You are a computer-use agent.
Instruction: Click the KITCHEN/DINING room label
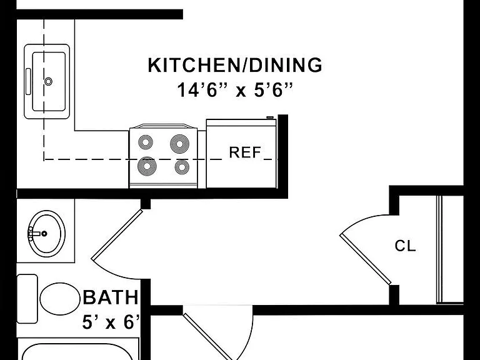click(235, 65)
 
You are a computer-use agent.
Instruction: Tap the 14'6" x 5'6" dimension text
click(235, 90)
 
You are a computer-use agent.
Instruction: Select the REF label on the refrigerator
click(245, 152)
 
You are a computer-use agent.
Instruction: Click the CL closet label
click(405, 246)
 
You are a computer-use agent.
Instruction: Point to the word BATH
click(111, 297)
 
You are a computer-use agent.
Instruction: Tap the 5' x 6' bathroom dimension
click(111, 322)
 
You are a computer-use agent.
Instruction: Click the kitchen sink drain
click(48, 81)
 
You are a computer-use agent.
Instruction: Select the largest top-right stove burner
click(180, 144)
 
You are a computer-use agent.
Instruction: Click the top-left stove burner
click(146, 142)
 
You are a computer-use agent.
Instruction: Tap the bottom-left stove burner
click(147, 166)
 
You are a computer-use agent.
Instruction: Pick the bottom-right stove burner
click(182, 167)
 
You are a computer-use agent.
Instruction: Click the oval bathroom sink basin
click(47, 234)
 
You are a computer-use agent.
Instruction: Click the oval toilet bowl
click(60, 299)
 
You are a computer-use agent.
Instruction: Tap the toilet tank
click(27, 299)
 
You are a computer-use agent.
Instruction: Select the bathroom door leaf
click(117, 234)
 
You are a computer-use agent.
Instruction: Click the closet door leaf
click(366, 259)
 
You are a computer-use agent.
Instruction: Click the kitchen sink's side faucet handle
click(28, 81)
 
